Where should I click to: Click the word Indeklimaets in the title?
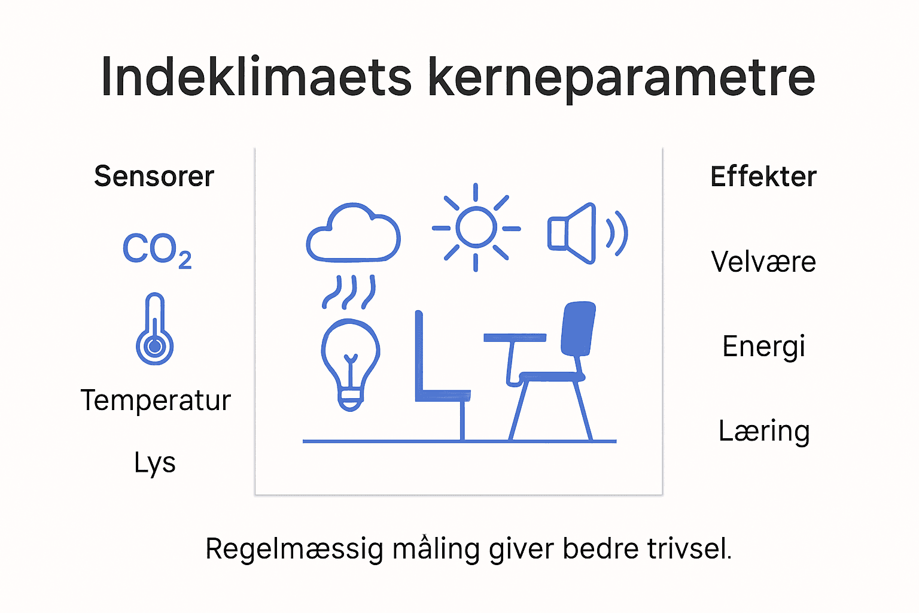[256, 77]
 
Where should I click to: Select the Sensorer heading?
[154, 177]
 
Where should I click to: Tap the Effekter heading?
[763, 177]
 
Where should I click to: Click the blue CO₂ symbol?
[156, 250]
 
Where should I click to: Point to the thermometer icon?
[154, 329]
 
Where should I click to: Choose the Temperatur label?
[156, 400]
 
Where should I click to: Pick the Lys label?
[154, 463]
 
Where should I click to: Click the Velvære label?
[763, 262]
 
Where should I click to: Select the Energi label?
[763, 347]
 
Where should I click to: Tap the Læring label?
[764, 431]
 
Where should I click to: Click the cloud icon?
[353, 234]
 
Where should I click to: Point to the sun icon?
[476, 227]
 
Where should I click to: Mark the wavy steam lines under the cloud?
[349, 292]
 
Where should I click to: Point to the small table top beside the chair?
[515, 338]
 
